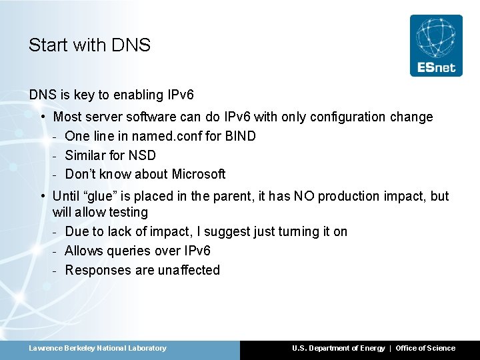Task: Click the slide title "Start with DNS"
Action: [89, 45]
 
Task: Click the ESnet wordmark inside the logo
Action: [436, 67]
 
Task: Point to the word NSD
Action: [142, 155]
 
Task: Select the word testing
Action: [128, 213]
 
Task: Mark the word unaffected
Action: [189, 270]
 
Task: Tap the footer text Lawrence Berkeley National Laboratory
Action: [97, 348]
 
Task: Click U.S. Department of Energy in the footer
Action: [338, 348]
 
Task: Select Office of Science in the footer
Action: [425, 348]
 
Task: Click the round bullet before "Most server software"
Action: [43, 117]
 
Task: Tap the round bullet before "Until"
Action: [43, 196]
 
